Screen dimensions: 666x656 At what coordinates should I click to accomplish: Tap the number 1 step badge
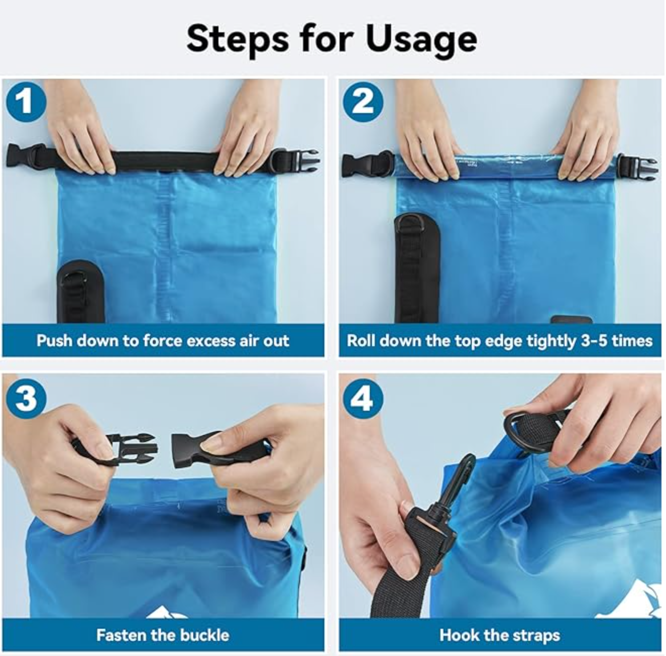click(26, 101)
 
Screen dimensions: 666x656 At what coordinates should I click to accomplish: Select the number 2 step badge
click(363, 101)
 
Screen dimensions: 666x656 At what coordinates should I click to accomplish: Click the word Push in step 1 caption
click(54, 341)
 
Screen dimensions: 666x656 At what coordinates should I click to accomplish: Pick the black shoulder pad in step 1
click(81, 292)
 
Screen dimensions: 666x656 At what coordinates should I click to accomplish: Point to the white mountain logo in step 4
click(627, 600)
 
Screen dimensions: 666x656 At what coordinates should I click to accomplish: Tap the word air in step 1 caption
click(249, 341)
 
